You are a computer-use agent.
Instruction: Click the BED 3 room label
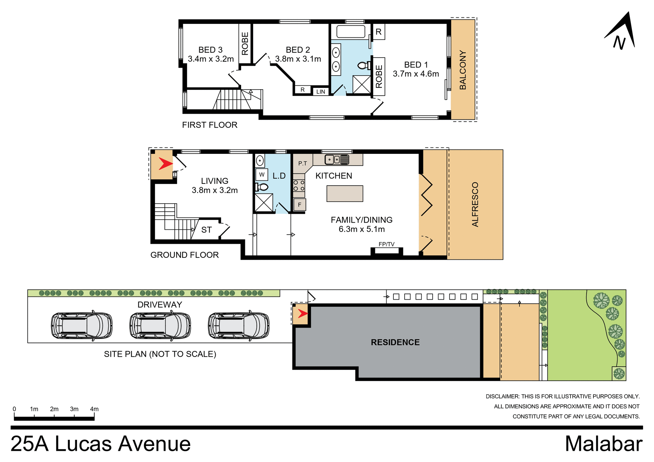211,50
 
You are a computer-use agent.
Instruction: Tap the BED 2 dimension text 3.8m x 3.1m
298,59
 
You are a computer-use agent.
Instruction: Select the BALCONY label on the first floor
463,70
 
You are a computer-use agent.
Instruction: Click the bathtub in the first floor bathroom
351,31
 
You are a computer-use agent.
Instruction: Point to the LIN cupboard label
321,92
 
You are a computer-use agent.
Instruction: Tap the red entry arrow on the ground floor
165,164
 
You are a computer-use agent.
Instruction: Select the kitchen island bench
345,193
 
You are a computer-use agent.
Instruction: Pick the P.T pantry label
302,163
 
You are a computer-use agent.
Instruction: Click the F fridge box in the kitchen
300,205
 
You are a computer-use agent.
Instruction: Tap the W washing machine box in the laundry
262,175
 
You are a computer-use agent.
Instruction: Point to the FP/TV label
386,244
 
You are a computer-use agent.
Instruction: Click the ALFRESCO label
475,204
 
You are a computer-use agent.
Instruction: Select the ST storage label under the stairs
206,230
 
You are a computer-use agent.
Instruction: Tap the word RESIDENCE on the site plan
395,342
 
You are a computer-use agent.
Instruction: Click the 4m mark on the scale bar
94,409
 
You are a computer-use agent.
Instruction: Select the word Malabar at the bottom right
603,444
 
